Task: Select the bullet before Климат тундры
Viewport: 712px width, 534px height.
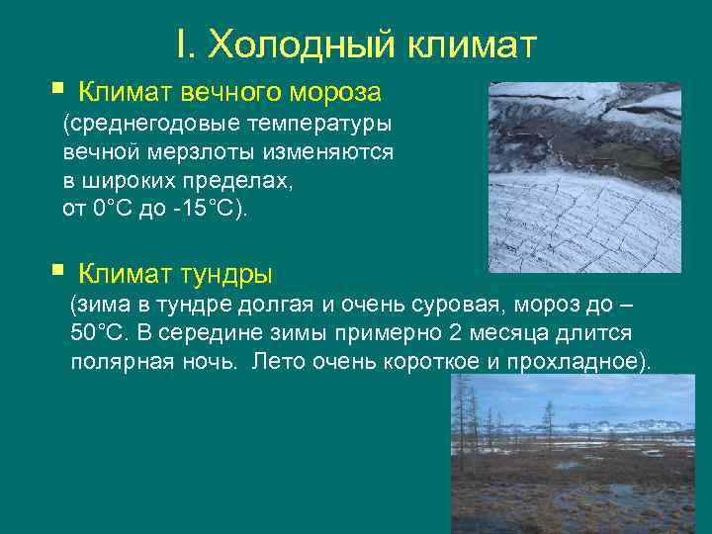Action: point(55,269)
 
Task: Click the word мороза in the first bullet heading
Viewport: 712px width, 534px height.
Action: point(332,93)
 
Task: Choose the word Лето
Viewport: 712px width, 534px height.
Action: point(276,361)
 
